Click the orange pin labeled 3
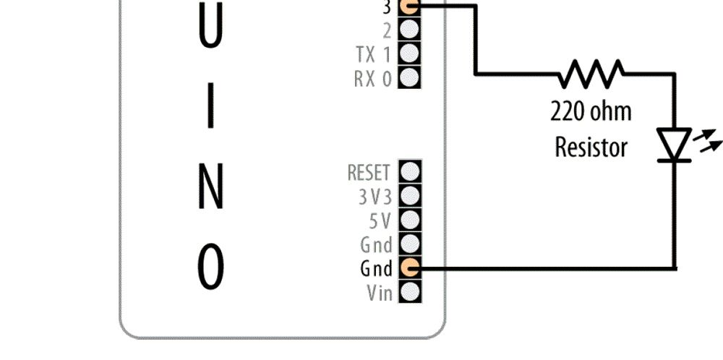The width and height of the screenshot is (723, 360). click(409, 7)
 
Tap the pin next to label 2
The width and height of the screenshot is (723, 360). click(409, 30)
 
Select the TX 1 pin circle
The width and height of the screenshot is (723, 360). click(409, 53)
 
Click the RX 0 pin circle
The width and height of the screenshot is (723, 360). click(409, 77)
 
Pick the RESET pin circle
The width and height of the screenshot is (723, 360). click(410, 172)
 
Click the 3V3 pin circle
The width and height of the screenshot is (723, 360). click(410, 196)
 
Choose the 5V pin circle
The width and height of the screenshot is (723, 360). click(410, 220)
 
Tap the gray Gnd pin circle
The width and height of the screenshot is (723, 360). click(410, 244)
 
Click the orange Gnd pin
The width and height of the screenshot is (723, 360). click(410, 267)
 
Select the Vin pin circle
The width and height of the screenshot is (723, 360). click(410, 292)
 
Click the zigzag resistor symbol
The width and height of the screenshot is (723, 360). click(592, 74)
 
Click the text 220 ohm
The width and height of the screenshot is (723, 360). click(591, 112)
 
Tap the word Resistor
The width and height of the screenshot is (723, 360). click(591, 147)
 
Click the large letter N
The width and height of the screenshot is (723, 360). click(210, 187)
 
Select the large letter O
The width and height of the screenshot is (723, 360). click(210, 267)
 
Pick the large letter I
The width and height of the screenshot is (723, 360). click(210, 105)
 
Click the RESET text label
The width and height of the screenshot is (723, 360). click(369, 173)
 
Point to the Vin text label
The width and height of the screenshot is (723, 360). click(380, 293)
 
